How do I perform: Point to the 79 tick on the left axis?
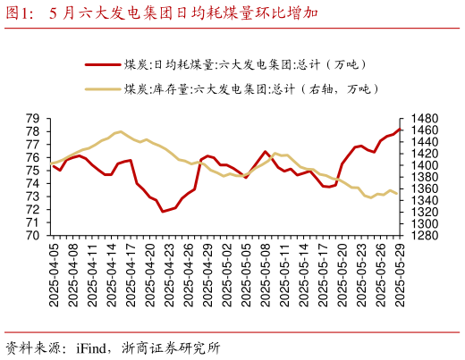point(32,119)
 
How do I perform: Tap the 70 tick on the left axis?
point(32,235)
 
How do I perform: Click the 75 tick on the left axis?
point(32,171)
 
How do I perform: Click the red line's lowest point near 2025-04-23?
point(164,211)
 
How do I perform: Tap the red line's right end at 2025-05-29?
point(400,130)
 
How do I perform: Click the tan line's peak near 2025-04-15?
point(120,131)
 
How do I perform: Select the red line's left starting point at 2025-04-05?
point(54,166)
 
